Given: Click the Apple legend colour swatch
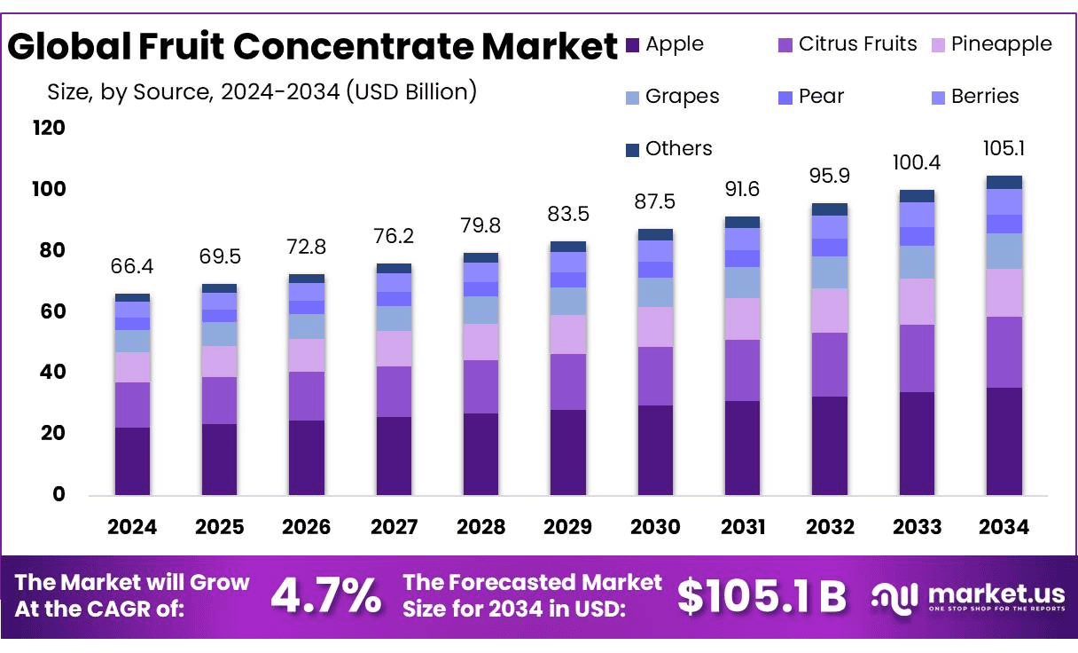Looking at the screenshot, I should [x=632, y=44].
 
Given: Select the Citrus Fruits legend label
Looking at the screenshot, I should [x=857, y=43].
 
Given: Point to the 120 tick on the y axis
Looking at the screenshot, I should [x=49, y=129].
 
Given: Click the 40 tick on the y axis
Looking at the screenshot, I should [x=54, y=373].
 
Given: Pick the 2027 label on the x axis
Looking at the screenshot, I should [x=394, y=527].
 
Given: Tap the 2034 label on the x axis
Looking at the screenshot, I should [x=1004, y=527].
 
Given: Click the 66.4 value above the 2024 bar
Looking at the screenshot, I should [x=133, y=267].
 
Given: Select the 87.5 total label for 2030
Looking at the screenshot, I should [x=656, y=202].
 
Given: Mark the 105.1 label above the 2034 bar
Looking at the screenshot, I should [x=1004, y=148].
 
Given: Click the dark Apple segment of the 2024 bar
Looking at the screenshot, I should [x=133, y=460].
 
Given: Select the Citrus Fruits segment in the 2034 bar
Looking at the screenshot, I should [x=1004, y=351].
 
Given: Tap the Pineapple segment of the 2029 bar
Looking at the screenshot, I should [x=568, y=334].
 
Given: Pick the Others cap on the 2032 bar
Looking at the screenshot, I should [x=830, y=209].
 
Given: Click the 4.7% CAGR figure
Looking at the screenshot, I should [x=325, y=596].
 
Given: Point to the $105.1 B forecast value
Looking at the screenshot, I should [x=762, y=596].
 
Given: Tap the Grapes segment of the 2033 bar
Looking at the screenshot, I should [x=917, y=262].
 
